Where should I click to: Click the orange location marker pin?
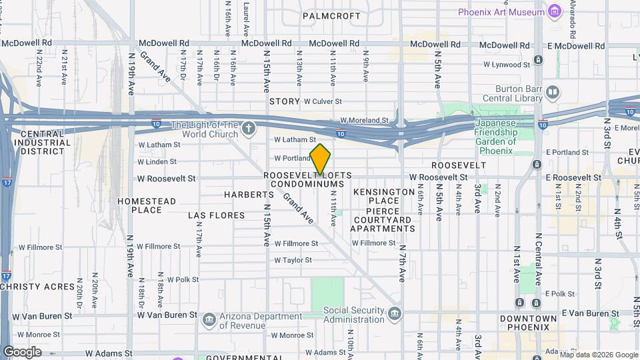click(320, 159)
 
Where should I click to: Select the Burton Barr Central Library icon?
click(553, 91)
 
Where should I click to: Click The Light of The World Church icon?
click(249, 127)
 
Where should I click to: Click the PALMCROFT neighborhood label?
click(331, 15)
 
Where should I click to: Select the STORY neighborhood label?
click(285, 101)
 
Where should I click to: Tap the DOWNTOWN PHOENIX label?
click(529, 323)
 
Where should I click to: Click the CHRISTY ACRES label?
click(37, 287)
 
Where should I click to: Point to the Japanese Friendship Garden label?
click(495, 137)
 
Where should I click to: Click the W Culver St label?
click(323, 101)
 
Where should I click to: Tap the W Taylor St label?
click(293, 260)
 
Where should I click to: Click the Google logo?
click(22, 352)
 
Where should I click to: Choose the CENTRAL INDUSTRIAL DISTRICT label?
click(41, 142)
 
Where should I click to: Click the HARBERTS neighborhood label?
click(249, 195)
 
